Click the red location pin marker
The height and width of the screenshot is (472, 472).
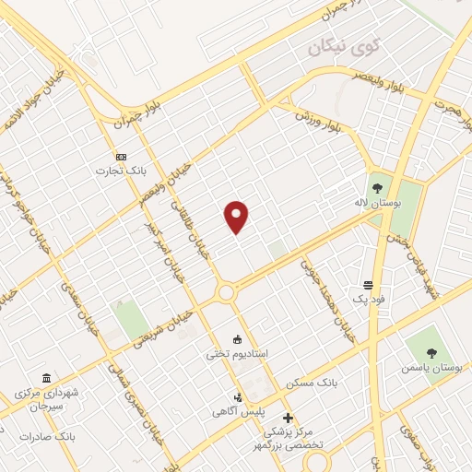click(237, 216)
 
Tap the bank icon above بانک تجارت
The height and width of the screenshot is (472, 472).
click(120, 156)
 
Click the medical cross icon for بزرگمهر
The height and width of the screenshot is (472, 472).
click(288, 418)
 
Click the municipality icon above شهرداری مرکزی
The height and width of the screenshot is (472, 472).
click(46, 377)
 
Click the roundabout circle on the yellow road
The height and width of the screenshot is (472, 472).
click(225, 293)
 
